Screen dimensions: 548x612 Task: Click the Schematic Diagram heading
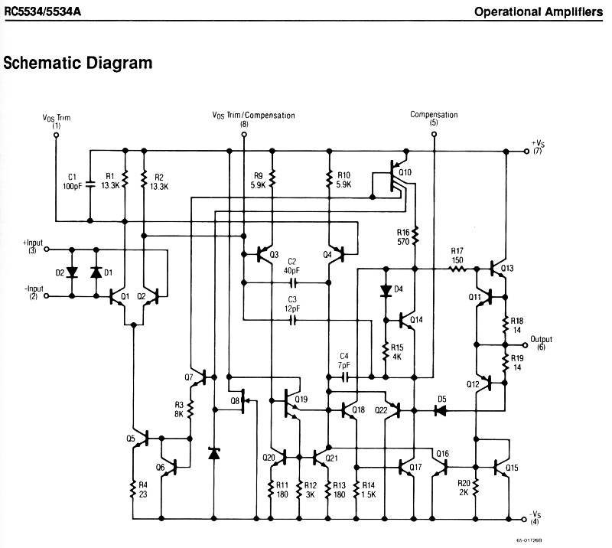(x=78, y=63)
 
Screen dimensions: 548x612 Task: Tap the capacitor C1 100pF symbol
(x=90, y=184)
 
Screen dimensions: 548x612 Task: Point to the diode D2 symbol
(x=72, y=272)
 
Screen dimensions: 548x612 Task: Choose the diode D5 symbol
(x=441, y=410)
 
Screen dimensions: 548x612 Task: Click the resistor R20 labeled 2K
(x=475, y=488)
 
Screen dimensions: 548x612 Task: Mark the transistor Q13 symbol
(x=501, y=269)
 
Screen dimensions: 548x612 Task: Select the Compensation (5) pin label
(x=434, y=119)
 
